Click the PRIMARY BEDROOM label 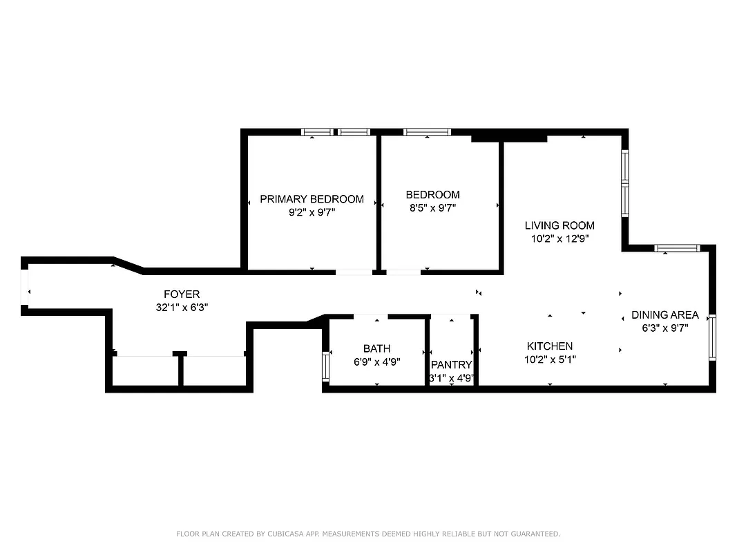[x=312, y=199]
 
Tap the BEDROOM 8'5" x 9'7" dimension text [x=432, y=207]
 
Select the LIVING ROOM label [x=559, y=225]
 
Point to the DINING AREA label [x=665, y=315]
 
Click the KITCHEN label [x=550, y=346]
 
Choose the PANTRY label [x=451, y=365]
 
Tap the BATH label [x=376, y=348]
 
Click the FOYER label [x=182, y=294]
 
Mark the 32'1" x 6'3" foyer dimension [x=182, y=307]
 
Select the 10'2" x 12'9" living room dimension [x=559, y=238]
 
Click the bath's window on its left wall [x=326, y=366]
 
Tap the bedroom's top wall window [x=427, y=132]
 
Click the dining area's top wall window [x=677, y=248]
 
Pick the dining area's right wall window [x=712, y=337]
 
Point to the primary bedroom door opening [x=354, y=272]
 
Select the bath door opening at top [x=371, y=317]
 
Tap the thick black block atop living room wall [x=509, y=138]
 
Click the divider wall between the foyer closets [x=180, y=370]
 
